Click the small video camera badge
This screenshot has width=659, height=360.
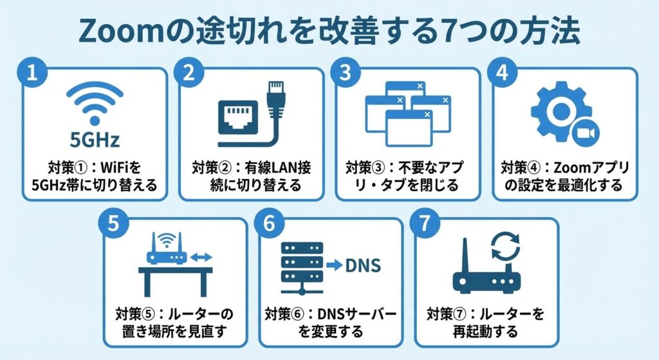(x=587, y=132)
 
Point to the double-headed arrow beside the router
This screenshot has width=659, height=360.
(x=202, y=258)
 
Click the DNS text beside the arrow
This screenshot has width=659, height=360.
(x=364, y=265)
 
